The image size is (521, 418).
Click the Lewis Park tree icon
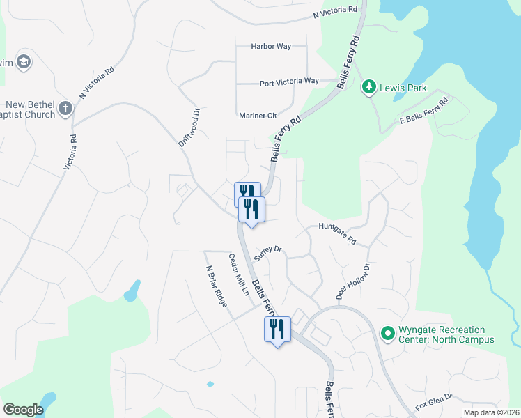(x=368, y=88)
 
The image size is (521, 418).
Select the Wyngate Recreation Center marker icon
(x=387, y=334)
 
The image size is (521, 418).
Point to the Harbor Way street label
(x=271, y=47)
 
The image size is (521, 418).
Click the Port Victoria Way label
(x=288, y=82)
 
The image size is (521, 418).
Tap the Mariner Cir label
(x=258, y=115)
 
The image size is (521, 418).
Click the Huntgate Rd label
(x=337, y=233)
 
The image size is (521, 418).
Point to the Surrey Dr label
(x=267, y=252)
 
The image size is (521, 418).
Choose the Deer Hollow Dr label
(x=352, y=281)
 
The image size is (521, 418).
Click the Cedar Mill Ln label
(x=239, y=274)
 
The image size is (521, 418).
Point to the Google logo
(x=22, y=410)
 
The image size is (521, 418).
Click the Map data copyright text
(x=492, y=412)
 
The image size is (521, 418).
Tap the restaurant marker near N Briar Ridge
(x=277, y=329)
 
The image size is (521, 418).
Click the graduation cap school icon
(x=24, y=62)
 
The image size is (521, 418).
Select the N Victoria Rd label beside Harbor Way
(x=335, y=13)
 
